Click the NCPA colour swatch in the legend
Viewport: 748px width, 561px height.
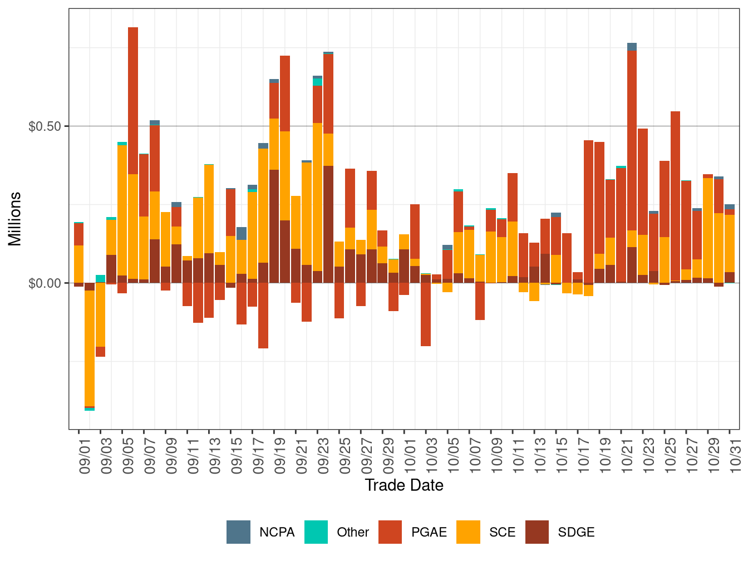[x=238, y=532]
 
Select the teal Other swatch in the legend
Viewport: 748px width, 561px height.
[x=316, y=532]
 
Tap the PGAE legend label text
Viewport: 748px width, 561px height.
[x=429, y=533]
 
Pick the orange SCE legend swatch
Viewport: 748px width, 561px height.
[x=468, y=532]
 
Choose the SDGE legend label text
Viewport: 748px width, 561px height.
[x=576, y=533]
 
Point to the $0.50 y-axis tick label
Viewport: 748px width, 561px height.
[x=45, y=126]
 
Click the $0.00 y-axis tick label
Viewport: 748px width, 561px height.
[x=45, y=283]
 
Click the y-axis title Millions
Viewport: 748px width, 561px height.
[x=14, y=219]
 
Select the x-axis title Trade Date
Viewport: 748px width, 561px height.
[x=404, y=485]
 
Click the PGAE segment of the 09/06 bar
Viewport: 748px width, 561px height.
[x=133, y=100]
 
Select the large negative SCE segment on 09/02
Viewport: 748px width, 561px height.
[x=90, y=348]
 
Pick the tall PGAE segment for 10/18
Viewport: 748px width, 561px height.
[x=589, y=211]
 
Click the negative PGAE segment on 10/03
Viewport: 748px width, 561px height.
[x=426, y=314]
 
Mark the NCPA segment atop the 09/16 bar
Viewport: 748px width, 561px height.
[x=242, y=233]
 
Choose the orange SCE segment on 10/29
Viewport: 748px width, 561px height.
[x=708, y=228]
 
